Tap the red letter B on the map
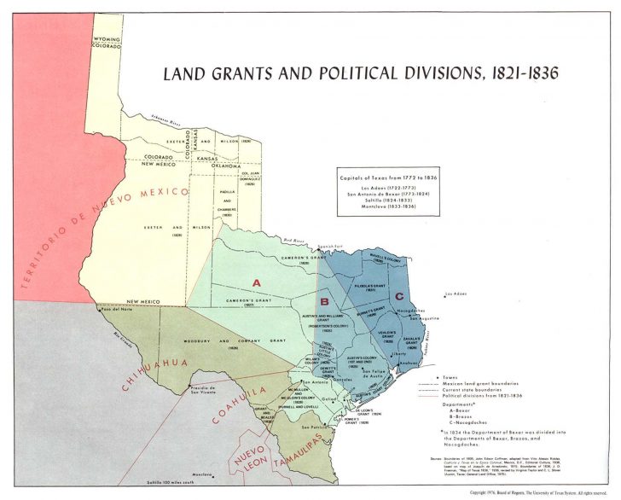point(324,301)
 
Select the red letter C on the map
point(399,296)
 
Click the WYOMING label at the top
point(107,39)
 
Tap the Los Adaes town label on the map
point(459,294)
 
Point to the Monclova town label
point(201,474)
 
